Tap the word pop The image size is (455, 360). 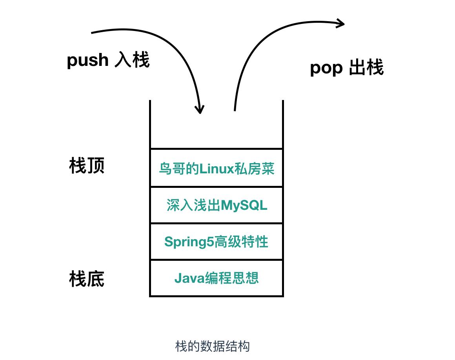(326, 68)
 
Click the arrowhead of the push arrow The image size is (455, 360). (200, 109)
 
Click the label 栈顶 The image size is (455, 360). (87, 166)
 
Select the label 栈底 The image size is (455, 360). (87, 279)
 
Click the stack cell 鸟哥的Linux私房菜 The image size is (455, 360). (216, 168)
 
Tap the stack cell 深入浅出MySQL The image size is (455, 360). (216, 205)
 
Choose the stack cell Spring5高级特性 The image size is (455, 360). (216, 242)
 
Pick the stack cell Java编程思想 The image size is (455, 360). (216, 278)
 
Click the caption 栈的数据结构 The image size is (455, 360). (212, 346)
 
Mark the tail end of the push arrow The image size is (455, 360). (93, 33)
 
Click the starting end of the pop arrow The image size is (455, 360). (235, 110)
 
